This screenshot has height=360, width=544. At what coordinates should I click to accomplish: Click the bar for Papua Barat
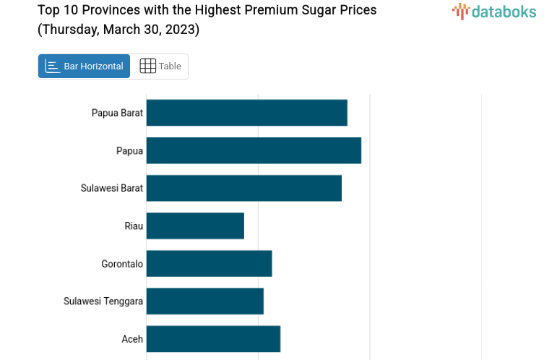pyautogui.click(x=246, y=113)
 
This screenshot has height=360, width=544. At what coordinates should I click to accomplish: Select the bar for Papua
pyautogui.click(x=254, y=150)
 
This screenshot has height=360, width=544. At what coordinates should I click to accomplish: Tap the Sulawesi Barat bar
pyautogui.click(x=243, y=188)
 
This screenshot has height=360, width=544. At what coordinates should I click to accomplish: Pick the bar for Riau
pyautogui.click(x=195, y=226)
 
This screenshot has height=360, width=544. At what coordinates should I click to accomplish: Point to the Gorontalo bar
pyautogui.click(x=209, y=263)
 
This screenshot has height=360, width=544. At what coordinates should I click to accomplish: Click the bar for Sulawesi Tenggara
pyautogui.click(x=204, y=301)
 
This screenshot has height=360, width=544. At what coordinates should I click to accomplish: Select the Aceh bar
pyautogui.click(x=213, y=338)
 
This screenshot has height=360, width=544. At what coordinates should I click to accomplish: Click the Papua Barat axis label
pyautogui.click(x=117, y=113)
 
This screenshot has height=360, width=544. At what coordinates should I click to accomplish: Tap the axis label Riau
pyautogui.click(x=134, y=226)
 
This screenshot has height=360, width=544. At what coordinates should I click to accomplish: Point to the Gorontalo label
pyautogui.click(x=122, y=264)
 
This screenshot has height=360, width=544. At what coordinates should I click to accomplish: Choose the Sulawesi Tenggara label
pyautogui.click(x=103, y=301)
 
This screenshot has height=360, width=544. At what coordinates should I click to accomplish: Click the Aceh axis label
pyautogui.click(x=132, y=338)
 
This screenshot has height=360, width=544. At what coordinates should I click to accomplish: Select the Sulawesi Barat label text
pyautogui.click(x=112, y=188)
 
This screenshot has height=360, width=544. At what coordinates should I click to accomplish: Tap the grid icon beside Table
pyautogui.click(x=147, y=66)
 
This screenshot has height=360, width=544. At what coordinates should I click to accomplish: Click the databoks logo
pyautogui.click(x=494, y=11)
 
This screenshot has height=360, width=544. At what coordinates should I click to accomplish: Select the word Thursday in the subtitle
pyautogui.click(x=70, y=30)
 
